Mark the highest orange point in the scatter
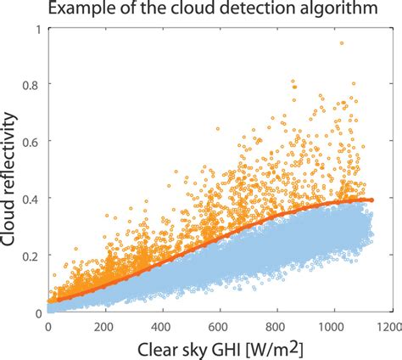tap(341, 42)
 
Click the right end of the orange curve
tap(371, 200)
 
